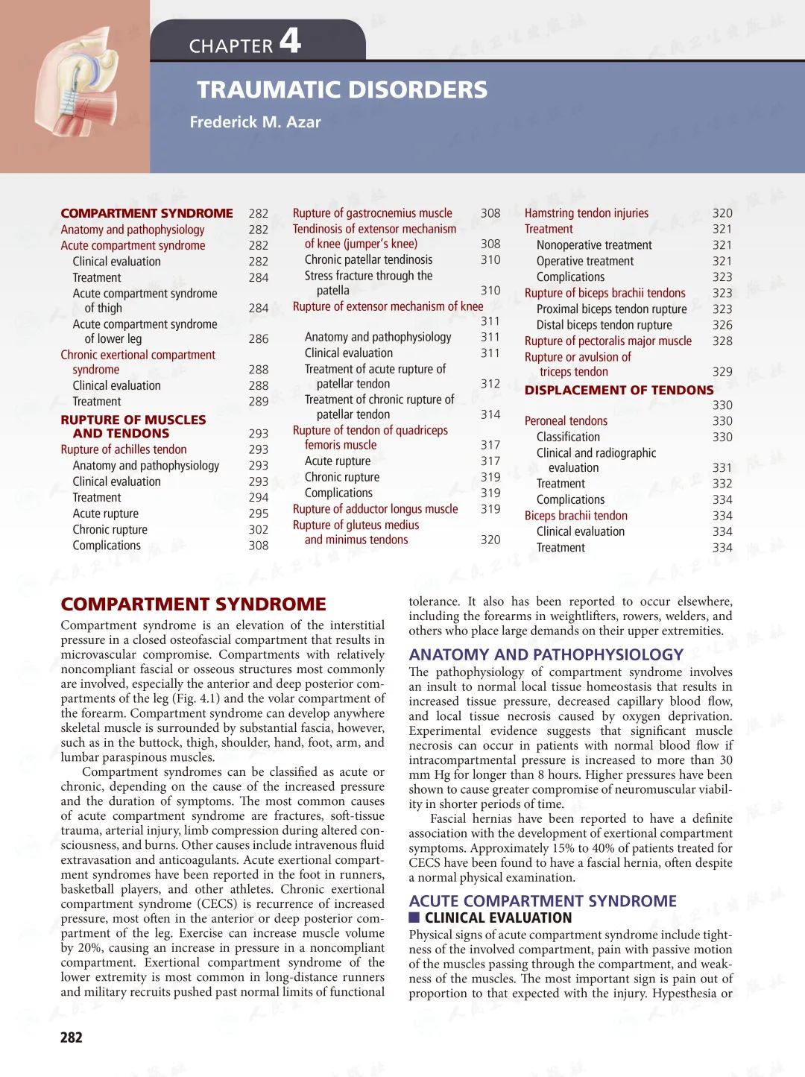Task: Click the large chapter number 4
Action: pos(291,40)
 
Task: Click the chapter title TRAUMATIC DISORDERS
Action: pos(342,90)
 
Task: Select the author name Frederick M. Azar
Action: pos(255,122)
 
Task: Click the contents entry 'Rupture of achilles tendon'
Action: pos(124,449)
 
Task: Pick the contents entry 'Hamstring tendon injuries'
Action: pos(587,213)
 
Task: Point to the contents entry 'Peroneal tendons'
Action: pos(566,421)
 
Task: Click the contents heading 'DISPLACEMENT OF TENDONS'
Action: pos(619,390)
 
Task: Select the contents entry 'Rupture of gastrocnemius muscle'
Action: pos(372,213)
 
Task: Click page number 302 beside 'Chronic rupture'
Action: pos(259,530)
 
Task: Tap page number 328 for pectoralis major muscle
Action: pos(722,341)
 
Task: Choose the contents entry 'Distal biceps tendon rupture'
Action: pos(604,325)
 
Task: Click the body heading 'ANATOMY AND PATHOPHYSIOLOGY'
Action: pos(546,654)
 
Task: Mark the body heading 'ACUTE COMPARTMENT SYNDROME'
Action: pos(543,901)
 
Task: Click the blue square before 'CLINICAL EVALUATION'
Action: pos(414,917)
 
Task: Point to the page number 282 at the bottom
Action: pos(72,1037)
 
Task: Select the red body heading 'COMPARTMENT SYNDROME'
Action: pos(194,604)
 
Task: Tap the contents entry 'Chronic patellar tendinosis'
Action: pos(368,260)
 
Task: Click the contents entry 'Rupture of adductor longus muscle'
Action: pos(375,509)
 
